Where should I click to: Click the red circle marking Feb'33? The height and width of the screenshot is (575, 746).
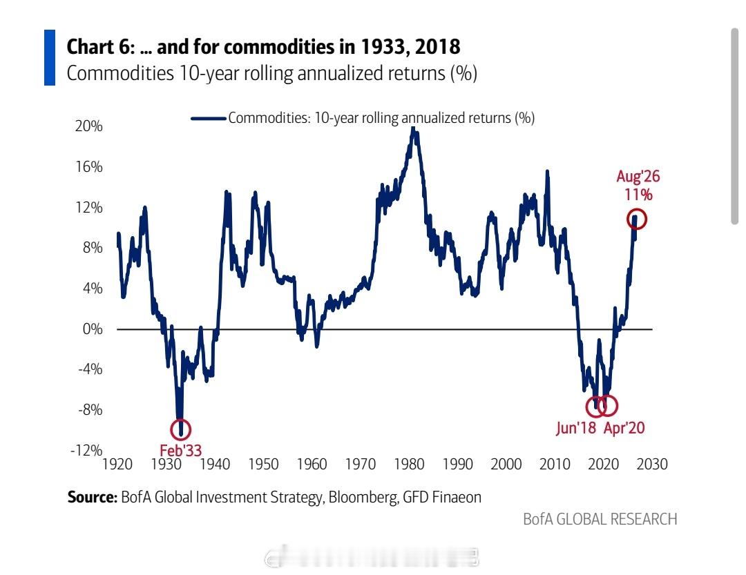coord(181,420)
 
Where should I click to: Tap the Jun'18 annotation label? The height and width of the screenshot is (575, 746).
coord(575,428)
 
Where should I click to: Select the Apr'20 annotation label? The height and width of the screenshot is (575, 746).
coord(624,428)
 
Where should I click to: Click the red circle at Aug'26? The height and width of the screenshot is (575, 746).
coord(637,211)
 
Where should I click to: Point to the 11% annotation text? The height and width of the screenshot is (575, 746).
coord(638,195)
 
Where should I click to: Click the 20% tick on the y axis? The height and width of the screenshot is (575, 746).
coord(88,126)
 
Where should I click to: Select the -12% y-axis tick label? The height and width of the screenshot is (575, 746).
coord(86,450)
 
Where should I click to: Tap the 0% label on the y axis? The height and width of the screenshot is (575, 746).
coord(93,329)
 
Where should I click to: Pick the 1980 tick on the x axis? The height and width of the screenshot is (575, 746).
coord(409,464)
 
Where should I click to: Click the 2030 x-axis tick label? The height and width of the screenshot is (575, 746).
coord(652,464)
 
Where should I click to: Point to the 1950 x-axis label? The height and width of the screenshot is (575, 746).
coord(263,464)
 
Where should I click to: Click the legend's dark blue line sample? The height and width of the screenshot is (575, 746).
coord(209,119)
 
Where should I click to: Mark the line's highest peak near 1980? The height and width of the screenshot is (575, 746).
coord(414,128)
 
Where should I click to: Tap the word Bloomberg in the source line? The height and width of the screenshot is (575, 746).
coord(363,498)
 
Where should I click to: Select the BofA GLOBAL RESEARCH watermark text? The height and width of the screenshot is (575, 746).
coord(600,519)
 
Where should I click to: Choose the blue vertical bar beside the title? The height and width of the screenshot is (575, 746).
coord(50,57)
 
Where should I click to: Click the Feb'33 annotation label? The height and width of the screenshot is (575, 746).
coord(181,450)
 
